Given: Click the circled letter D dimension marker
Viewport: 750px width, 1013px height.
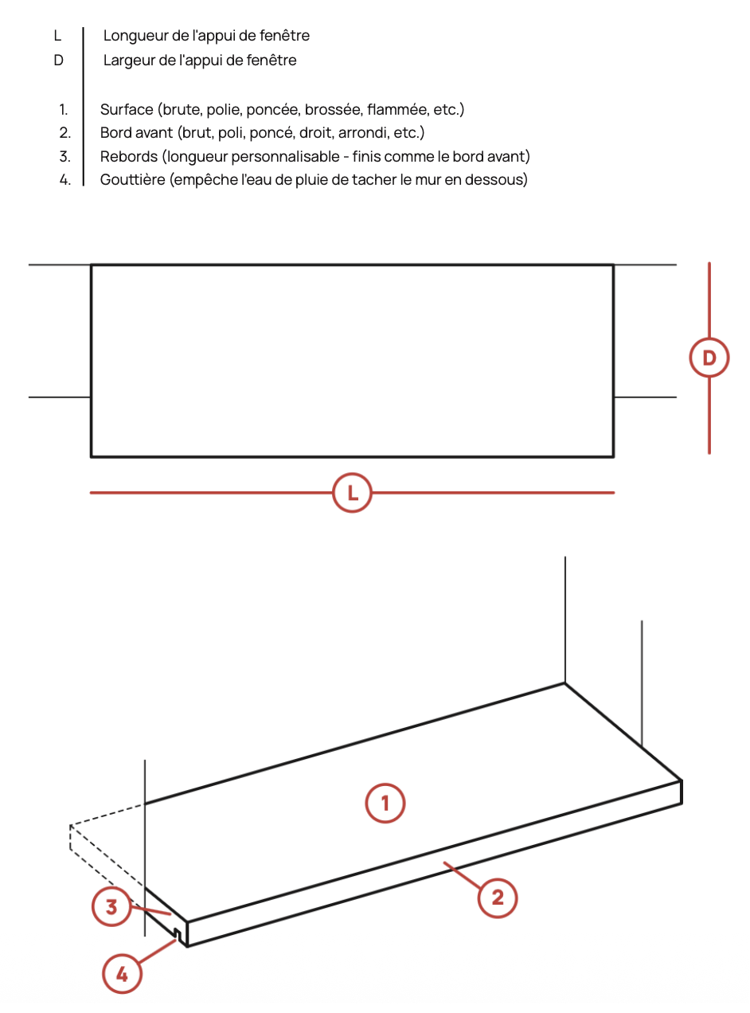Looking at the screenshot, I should click(x=709, y=358).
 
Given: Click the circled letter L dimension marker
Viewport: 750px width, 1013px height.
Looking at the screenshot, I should click(x=353, y=493).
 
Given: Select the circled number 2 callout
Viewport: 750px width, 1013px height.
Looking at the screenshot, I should click(x=498, y=898).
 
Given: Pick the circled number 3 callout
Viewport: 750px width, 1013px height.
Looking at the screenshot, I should click(x=111, y=906).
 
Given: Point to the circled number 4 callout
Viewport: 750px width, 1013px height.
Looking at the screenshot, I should click(x=123, y=973).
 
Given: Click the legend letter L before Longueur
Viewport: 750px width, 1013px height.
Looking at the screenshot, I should click(x=58, y=36).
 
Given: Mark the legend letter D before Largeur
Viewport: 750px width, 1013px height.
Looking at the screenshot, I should click(x=58, y=61).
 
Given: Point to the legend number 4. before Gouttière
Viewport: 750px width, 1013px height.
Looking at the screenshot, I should click(x=65, y=180).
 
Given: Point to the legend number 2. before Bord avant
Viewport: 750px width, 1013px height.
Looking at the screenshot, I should click(x=65, y=133).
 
